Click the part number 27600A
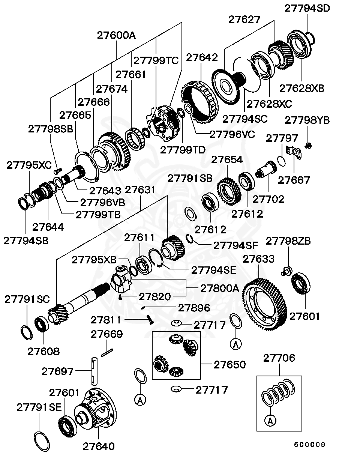pyautogui.click(x=116, y=35)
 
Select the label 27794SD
pyautogui.click(x=307, y=8)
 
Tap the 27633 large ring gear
pyautogui.click(x=265, y=304)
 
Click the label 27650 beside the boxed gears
pyautogui.click(x=229, y=365)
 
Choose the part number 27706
pyautogui.click(x=279, y=358)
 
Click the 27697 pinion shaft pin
pyautogui.click(x=94, y=371)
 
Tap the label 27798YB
pyautogui.click(x=307, y=120)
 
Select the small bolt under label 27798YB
pyautogui.click(x=308, y=145)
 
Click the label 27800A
pyautogui.click(x=219, y=288)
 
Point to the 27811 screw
pyautogui.click(x=151, y=319)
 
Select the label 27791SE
pyautogui.click(x=39, y=407)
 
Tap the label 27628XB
pyautogui.click(x=301, y=88)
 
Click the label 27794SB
pyautogui.click(x=26, y=241)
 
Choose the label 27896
pyautogui.click(x=194, y=308)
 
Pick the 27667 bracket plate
pyautogui.click(x=294, y=152)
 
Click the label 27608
pyautogui.click(x=43, y=351)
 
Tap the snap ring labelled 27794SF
pyautogui.click(x=190, y=239)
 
